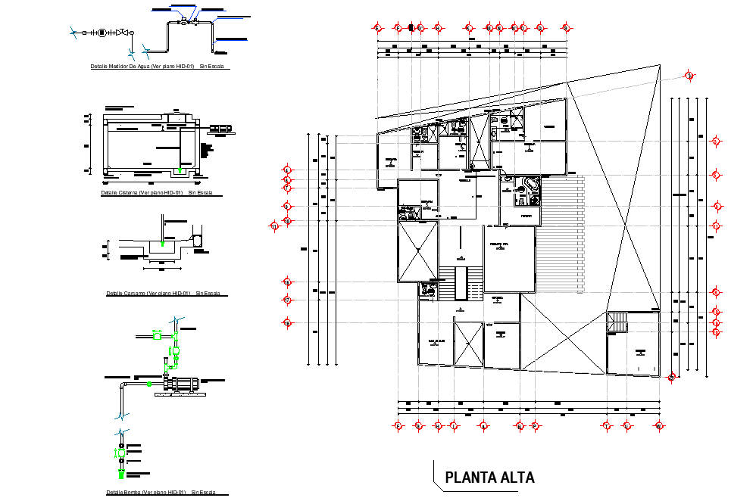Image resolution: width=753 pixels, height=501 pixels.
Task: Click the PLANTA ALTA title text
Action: (489, 478)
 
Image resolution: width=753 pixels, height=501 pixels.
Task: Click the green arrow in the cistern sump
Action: (178, 171)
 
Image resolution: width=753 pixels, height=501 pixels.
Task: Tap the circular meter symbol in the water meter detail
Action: (102, 33)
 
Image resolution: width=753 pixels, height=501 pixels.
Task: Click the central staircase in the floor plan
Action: (460, 283)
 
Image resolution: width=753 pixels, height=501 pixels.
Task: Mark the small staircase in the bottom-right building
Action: (618, 321)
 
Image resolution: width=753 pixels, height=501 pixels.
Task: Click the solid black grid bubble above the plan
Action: (411, 27)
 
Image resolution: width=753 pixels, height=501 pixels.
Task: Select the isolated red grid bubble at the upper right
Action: (689, 75)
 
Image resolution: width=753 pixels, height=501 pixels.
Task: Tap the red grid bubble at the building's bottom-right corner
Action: (671, 377)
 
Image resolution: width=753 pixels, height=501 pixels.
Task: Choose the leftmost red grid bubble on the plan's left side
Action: (274, 225)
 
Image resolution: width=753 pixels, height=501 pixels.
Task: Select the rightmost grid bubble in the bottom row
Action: (659, 426)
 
